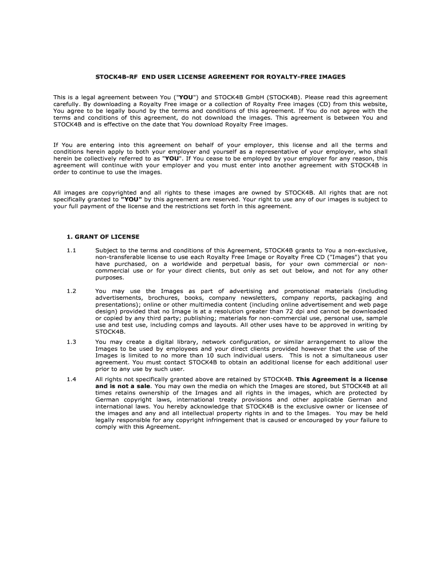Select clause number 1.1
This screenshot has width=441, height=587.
click(71, 250)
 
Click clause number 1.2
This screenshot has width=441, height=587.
click(71, 291)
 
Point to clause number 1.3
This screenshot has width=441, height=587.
click(71, 342)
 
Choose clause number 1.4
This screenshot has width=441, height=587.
click(71, 379)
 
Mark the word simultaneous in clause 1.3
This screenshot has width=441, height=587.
click(347, 355)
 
